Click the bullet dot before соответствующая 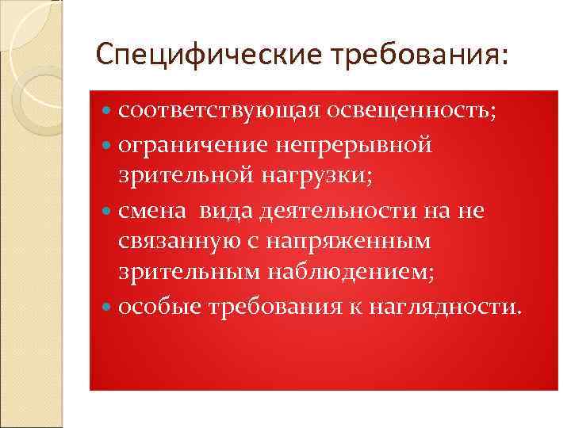click(109, 112)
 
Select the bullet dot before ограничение click(109, 145)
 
